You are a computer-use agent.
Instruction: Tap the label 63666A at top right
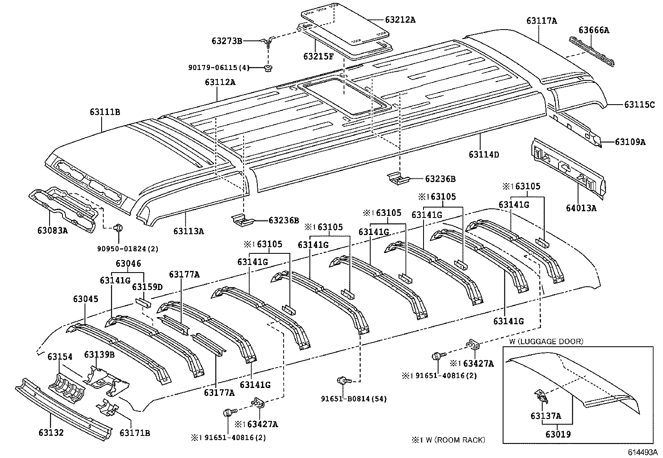pos(593,30)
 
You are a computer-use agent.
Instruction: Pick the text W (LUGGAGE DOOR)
pos(546,341)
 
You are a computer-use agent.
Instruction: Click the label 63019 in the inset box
pos(558,434)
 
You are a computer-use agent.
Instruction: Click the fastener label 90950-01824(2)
pos(128,248)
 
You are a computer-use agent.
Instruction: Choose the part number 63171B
pos(135,433)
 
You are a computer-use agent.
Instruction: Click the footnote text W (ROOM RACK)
pos(454,440)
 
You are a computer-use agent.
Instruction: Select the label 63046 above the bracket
pos(128,263)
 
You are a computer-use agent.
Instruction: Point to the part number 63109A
pos(630,142)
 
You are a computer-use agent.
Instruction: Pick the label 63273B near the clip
pos(227,40)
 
